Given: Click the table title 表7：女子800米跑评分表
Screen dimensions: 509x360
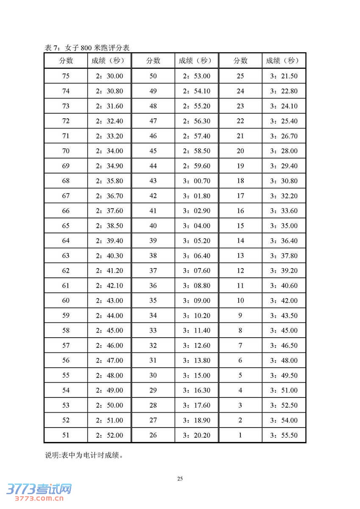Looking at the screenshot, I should pos(87,48).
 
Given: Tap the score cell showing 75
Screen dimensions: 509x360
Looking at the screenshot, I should pos(66,76).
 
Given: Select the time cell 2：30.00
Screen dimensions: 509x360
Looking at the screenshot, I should pos(109,76).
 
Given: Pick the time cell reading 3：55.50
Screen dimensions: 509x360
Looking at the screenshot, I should pos(284,435).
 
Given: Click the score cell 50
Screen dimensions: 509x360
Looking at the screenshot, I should pos(153,76).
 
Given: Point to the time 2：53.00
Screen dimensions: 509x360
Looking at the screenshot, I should pos(197,76).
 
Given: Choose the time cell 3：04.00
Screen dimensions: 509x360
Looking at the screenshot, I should pos(197,226).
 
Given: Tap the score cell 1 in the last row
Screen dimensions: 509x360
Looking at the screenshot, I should pos(240,435).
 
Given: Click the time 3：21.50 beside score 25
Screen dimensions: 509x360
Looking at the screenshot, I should pos(284,76).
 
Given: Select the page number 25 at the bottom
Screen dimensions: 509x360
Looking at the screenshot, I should pos(180,479).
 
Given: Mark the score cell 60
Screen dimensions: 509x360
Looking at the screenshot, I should pos(66,301).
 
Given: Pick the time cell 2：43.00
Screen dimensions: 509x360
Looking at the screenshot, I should pos(109,301).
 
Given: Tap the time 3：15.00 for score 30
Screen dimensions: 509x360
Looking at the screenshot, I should pos(197,375).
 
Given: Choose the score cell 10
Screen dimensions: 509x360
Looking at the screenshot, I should pos(240,301).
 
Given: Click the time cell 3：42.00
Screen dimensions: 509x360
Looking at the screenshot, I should pos(284,301).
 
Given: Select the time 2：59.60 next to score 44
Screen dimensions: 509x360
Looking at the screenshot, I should pos(197,166).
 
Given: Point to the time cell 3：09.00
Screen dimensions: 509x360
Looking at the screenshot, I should pos(197,301).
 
